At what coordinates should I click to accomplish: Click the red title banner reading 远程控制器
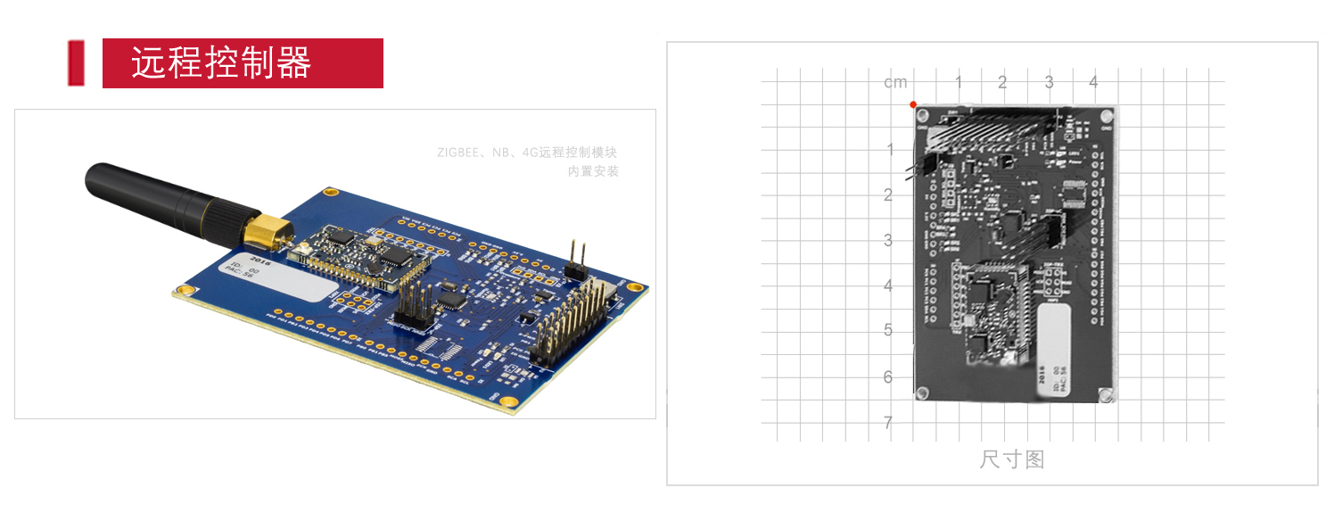[x=243, y=63]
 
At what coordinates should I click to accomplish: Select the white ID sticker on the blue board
[x=274, y=278]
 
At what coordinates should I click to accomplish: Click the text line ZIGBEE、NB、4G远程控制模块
[x=527, y=153]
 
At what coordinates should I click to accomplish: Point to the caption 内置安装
[x=593, y=171]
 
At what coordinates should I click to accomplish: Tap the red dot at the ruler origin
[x=913, y=104]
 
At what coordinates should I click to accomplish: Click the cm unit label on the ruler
[x=895, y=83]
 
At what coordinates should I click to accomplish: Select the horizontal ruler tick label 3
[x=1049, y=83]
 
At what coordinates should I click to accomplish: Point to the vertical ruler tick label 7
[x=888, y=423]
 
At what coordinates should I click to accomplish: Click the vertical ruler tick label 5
[x=888, y=331]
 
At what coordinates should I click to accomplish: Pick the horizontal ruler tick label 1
[x=959, y=83]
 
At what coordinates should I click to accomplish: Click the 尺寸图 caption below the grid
[x=1011, y=460]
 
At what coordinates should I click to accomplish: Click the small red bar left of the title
[x=76, y=63]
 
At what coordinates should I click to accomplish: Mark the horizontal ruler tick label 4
[x=1094, y=83]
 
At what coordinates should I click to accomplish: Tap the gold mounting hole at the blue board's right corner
[x=635, y=287]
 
